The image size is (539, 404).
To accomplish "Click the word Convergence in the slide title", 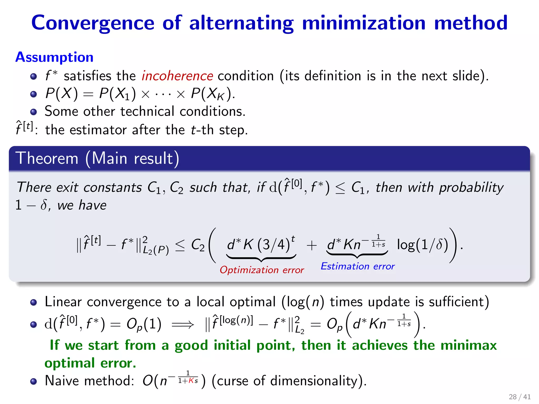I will tap(93, 23).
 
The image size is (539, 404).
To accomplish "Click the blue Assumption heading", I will tap(54, 57).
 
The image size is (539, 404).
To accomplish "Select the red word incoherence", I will tap(177, 76).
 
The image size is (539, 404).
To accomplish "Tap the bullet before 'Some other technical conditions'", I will tap(33, 112).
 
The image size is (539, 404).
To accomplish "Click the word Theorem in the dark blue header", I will tap(47, 159).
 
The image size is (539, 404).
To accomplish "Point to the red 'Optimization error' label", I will tap(262, 270).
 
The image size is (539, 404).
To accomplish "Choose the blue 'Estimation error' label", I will tap(358, 266).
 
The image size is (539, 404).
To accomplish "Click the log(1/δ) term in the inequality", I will tap(422, 245).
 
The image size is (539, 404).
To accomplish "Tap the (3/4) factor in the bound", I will tap(274, 245).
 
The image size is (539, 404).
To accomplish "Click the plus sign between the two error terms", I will tap(312, 245).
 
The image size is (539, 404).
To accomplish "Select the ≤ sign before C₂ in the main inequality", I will tap(180, 245).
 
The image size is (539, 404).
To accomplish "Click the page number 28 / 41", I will tap(520, 397).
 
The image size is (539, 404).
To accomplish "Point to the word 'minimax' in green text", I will tap(468, 345).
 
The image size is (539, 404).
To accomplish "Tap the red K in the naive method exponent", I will tap(191, 381).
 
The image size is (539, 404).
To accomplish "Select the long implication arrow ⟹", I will tap(183, 325).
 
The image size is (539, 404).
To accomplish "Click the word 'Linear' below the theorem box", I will tap(63, 302).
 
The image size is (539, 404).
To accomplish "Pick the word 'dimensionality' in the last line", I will tap(316, 381).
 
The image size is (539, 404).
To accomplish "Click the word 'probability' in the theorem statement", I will tap(471, 188).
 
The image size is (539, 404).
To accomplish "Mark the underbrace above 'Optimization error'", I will tap(261, 257).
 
